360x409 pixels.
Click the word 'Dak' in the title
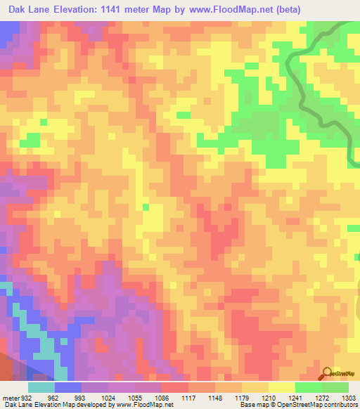point(20,10)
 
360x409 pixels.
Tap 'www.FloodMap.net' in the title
point(258,10)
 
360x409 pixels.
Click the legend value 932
point(26,397)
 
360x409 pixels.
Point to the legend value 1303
point(343,397)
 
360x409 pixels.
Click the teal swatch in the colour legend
point(41,387)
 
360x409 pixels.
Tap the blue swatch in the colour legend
point(68,387)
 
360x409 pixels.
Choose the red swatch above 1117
point(175,387)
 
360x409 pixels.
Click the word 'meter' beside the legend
point(9,397)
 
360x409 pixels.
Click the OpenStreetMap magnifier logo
point(327,373)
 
